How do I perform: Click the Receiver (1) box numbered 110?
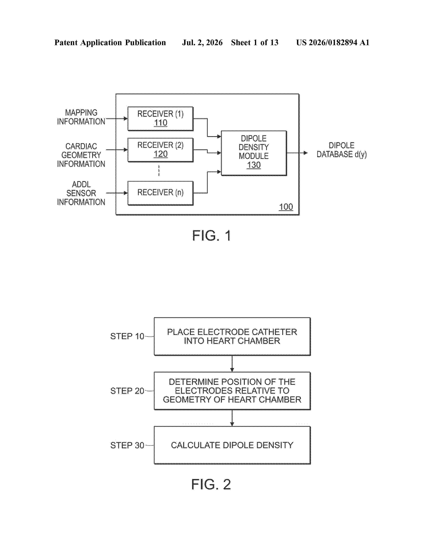pyautogui.click(x=161, y=119)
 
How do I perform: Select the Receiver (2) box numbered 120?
pyautogui.click(x=161, y=150)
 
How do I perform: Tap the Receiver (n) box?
pyautogui.click(x=161, y=193)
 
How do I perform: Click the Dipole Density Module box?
pyautogui.click(x=254, y=153)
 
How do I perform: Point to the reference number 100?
pyautogui.click(x=286, y=207)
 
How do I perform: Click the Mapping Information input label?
pyautogui.click(x=81, y=117)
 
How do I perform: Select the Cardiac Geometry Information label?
pyautogui.click(x=81, y=155)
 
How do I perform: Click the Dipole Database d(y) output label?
pyautogui.click(x=341, y=150)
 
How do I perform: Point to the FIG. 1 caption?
pyautogui.click(x=211, y=236)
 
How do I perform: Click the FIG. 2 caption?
pyautogui.click(x=211, y=484)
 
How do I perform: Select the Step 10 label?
pyautogui.click(x=127, y=336)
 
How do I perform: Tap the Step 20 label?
pyautogui.click(x=127, y=391)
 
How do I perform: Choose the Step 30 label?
pyautogui.click(x=127, y=445)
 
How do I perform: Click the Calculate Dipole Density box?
pyautogui.click(x=232, y=445)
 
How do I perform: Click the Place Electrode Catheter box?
pyautogui.click(x=232, y=336)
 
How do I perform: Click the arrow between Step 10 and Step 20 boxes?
pyautogui.click(x=232, y=364)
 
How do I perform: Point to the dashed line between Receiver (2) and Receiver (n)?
pyautogui.click(x=159, y=171)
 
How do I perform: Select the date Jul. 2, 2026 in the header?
pyautogui.click(x=202, y=42)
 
